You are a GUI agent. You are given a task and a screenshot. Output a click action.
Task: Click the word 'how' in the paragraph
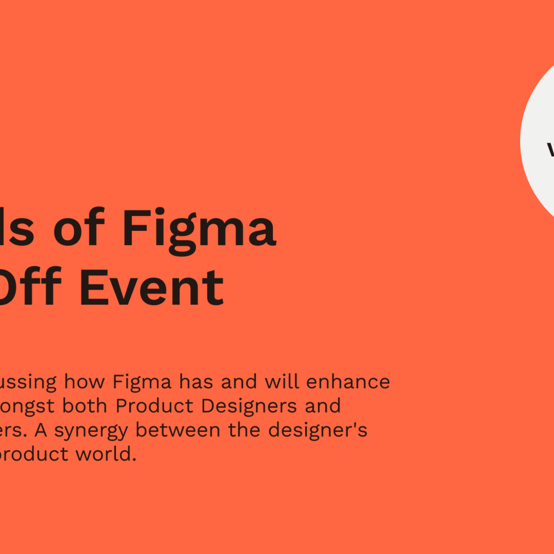(x=84, y=382)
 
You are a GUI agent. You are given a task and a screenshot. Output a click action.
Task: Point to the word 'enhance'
(x=348, y=382)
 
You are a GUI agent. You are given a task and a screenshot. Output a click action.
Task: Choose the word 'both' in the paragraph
(x=85, y=406)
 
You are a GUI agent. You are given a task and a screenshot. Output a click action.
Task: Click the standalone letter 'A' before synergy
(x=41, y=430)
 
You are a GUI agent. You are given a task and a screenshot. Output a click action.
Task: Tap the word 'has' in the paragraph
(x=196, y=382)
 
